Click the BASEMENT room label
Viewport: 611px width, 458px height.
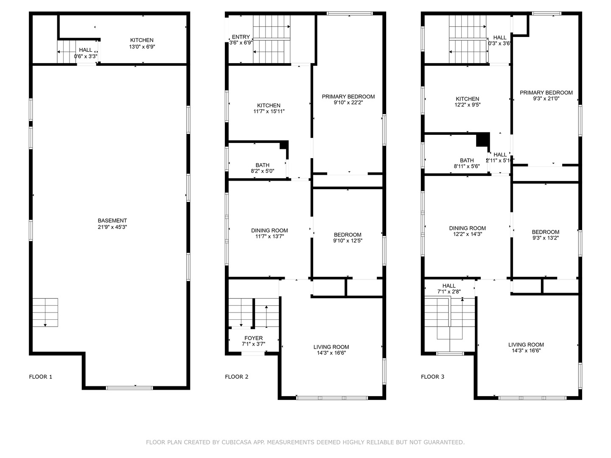112,221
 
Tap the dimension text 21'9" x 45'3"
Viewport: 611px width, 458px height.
112,227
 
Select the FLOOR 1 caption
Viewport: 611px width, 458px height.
41,377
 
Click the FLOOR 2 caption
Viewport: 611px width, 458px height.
237,377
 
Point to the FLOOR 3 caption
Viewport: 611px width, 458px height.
433,377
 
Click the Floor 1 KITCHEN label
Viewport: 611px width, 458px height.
142,40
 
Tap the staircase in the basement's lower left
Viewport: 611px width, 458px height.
45,312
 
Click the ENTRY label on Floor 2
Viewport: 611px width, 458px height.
241,37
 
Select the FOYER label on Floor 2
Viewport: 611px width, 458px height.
253,338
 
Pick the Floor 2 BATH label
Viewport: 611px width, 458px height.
262,165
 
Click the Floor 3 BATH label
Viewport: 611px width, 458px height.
467,160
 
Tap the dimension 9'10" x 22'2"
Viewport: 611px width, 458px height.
348,103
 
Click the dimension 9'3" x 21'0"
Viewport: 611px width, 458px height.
546,99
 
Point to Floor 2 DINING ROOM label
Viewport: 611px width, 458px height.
269,231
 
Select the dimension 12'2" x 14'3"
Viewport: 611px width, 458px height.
468,234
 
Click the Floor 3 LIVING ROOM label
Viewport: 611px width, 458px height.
526,345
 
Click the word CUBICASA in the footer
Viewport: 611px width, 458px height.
237,442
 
